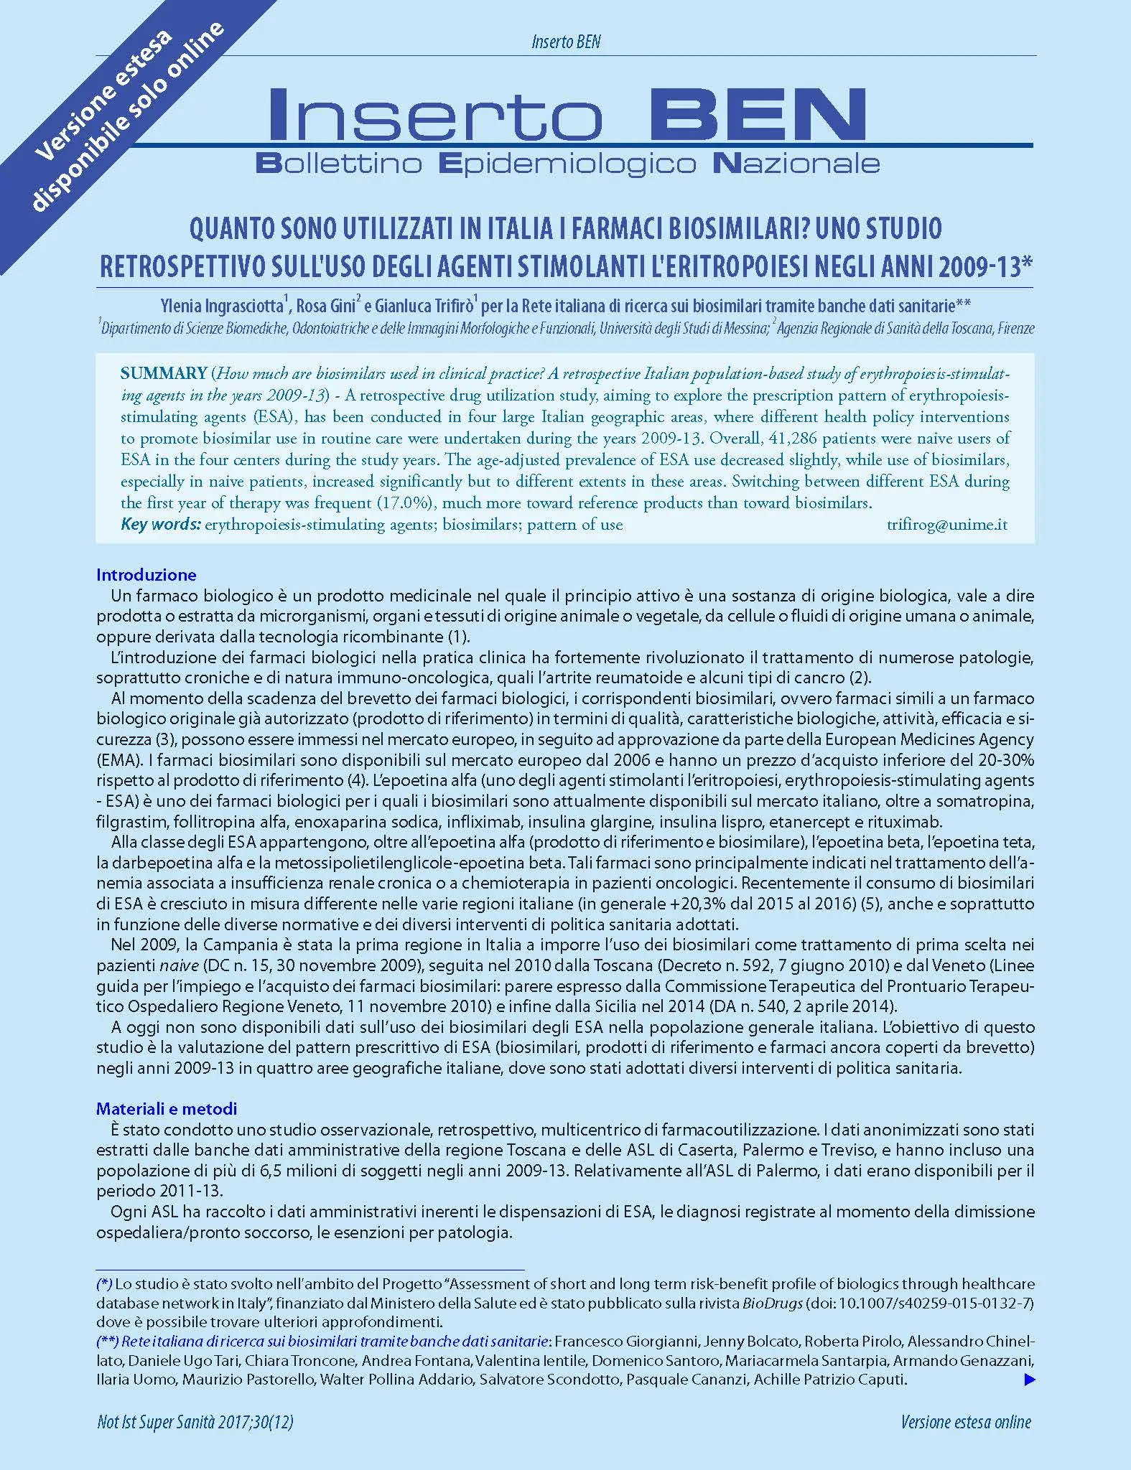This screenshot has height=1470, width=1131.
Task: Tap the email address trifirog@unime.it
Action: point(946,525)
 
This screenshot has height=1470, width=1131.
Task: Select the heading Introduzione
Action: point(146,575)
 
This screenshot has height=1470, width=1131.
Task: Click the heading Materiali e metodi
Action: point(167,1109)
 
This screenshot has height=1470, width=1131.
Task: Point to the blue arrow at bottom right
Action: point(1029,1379)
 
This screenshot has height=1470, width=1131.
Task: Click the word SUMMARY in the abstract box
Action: point(164,373)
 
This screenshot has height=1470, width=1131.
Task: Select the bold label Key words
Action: point(160,525)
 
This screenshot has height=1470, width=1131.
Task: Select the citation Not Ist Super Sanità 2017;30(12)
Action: point(195,1423)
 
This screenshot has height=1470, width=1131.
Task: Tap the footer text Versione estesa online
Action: point(966,1423)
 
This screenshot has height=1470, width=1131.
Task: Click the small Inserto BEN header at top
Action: point(566,42)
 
